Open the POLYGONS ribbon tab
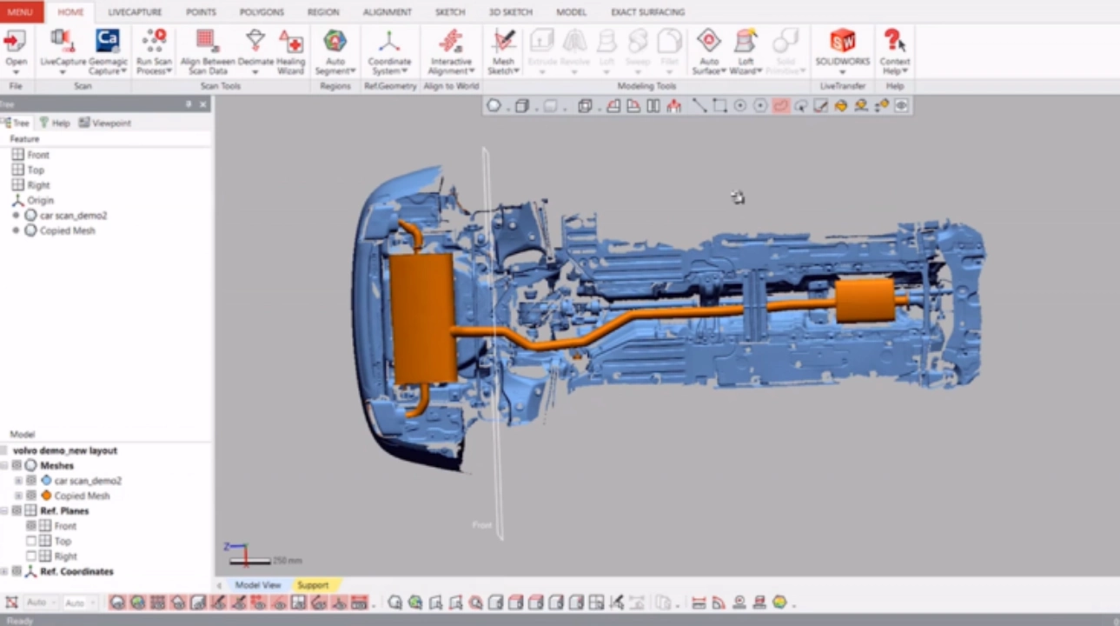coord(261,12)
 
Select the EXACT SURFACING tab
coord(647,12)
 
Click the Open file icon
coord(16,42)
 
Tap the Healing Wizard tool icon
coord(291,42)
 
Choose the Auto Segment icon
coord(335,42)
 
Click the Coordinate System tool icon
coord(389,42)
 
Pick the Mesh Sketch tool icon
coord(503,42)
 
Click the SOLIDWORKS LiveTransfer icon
coord(842,41)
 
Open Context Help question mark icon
coord(893,41)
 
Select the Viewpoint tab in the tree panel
coord(105,123)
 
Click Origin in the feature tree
coord(40,200)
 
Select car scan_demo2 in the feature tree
coord(73,216)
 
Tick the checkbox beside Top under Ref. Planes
coord(31,541)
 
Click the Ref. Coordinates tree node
coord(76,571)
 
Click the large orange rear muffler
coord(422,318)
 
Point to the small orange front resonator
coord(864,300)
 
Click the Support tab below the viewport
coord(313,585)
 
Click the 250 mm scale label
coord(287,561)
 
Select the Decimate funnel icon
coord(255,41)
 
